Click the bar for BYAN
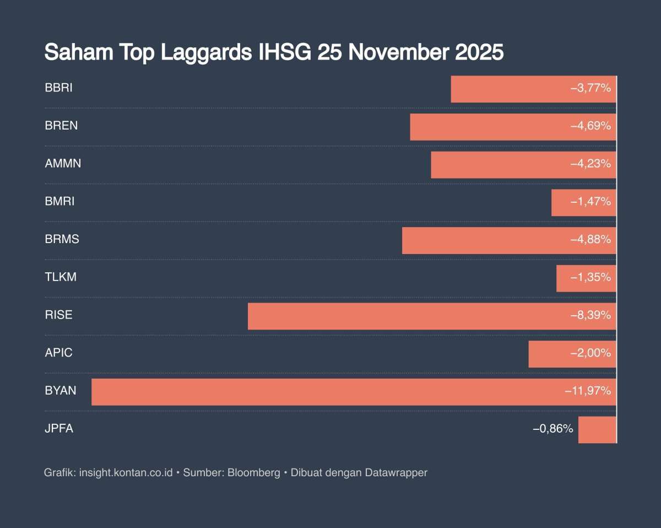click(x=330, y=392)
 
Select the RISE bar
click(x=408, y=316)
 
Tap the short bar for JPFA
click(x=597, y=430)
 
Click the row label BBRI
click(x=58, y=88)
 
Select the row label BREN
click(x=61, y=126)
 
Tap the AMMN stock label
click(x=63, y=164)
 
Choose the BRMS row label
click(x=62, y=239)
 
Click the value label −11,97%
click(x=588, y=391)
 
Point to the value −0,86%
click(x=553, y=429)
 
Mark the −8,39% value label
click(x=590, y=316)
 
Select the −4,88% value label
click(x=590, y=240)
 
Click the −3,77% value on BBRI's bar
click(x=590, y=88)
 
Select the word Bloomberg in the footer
click(x=254, y=473)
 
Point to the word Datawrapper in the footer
click(x=396, y=473)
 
